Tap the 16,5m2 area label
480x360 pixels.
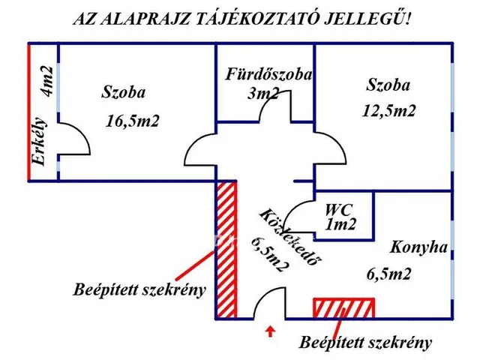click(133, 120)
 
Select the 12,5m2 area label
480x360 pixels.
click(390, 110)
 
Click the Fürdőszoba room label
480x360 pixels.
click(268, 76)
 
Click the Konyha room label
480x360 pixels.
click(418, 247)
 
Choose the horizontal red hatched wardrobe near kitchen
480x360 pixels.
click(343, 307)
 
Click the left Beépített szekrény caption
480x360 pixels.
click(140, 290)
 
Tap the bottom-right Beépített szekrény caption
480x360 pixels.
click(366, 343)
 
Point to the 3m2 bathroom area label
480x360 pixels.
click(263, 94)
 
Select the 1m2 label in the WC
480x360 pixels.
click(340, 223)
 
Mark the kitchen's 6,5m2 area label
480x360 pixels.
click(389, 274)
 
